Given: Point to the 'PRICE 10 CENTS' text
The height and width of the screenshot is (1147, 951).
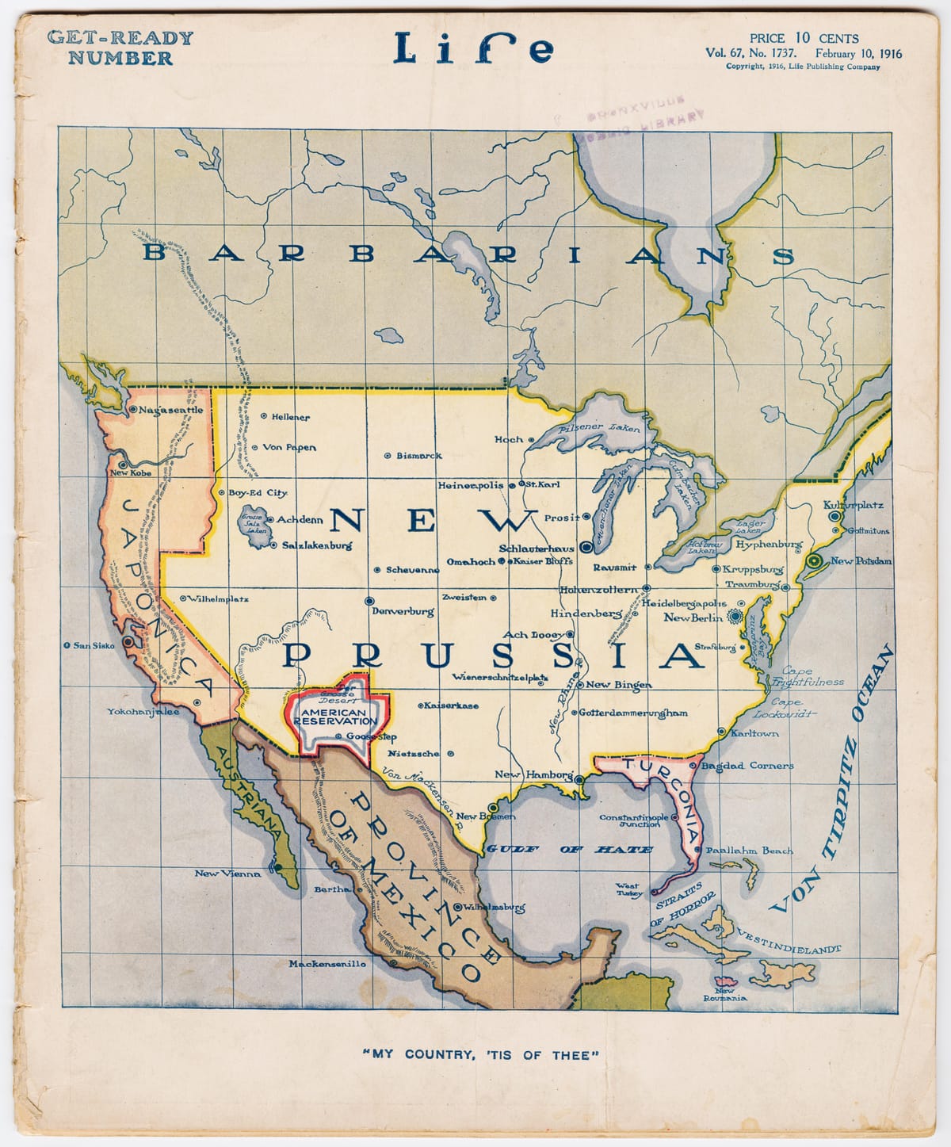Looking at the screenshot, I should pyautogui.click(x=804, y=38).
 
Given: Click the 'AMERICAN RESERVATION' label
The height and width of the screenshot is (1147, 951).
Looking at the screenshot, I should pyautogui.click(x=334, y=717).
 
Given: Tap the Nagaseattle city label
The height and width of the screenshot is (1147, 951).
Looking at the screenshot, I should pyautogui.click(x=171, y=410).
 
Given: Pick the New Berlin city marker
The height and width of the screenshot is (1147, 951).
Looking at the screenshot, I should pyautogui.click(x=736, y=616).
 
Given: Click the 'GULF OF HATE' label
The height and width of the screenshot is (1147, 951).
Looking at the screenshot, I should pyautogui.click(x=569, y=848).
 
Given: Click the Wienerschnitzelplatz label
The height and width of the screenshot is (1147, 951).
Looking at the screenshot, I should pyautogui.click(x=500, y=678).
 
